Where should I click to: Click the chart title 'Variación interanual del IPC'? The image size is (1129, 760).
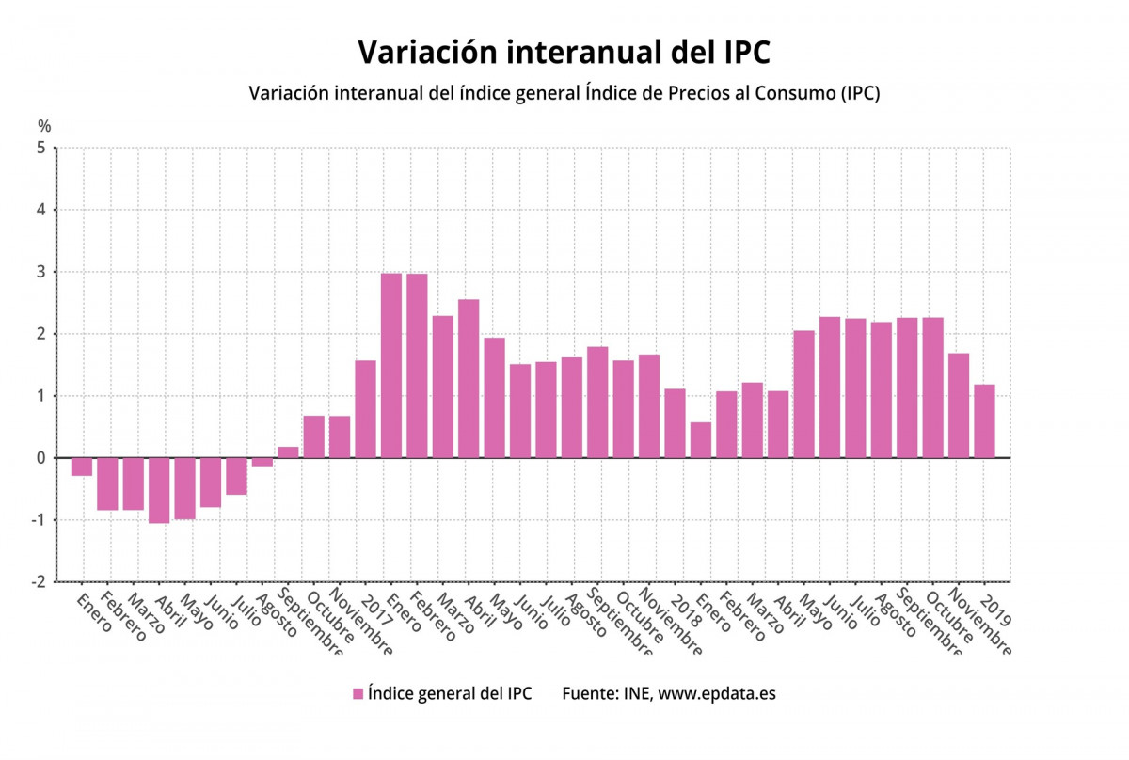(564, 53)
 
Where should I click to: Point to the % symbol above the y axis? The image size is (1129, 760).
(44, 126)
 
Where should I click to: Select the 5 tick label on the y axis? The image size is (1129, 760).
(40, 148)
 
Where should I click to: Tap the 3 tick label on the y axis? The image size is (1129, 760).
(40, 272)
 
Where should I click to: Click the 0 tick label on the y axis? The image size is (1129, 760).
(40, 458)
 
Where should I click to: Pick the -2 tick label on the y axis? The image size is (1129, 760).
(38, 582)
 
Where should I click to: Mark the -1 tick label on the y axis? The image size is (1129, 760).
(38, 520)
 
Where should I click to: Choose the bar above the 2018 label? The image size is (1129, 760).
(675, 423)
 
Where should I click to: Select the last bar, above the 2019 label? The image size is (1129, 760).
(984, 421)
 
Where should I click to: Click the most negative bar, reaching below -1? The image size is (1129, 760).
(159, 490)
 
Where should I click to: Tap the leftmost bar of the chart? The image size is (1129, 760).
(82, 467)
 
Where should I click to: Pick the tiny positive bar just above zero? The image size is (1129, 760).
(288, 452)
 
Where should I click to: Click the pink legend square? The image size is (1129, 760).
(358, 694)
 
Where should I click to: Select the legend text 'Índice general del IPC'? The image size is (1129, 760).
(450, 694)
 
